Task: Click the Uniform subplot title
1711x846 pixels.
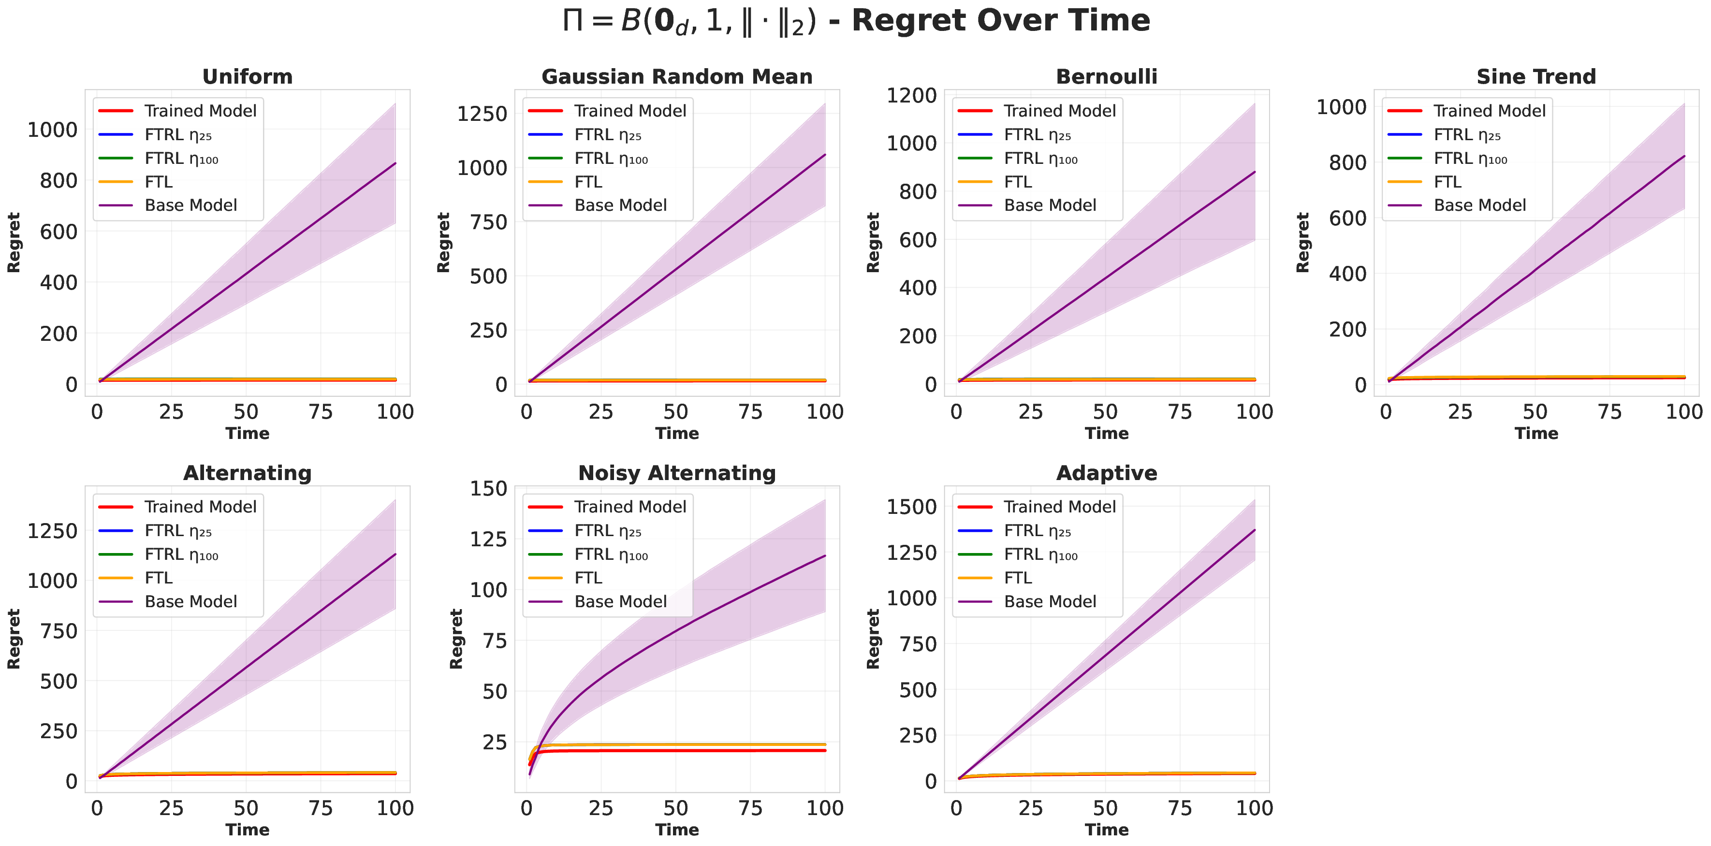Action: [x=247, y=76]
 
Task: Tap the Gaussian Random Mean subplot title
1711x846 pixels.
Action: [x=677, y=76]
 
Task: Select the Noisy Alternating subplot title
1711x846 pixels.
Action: [x=677, y=473]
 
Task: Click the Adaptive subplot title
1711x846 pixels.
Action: [x=1107, y=473]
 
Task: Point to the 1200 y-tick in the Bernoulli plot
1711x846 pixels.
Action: [x=911, y=96]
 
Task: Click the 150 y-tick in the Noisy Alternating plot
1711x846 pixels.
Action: [x=488, y=489]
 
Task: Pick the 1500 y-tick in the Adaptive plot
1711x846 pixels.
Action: [x=911, y=507]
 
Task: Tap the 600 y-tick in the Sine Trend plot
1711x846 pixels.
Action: [x=1347, y=219]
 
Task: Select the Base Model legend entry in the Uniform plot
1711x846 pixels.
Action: [x=190, y=205]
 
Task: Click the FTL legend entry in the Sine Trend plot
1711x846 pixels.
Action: [x=1448, y=182]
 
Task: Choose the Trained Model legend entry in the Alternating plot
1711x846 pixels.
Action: [x=200, y=507]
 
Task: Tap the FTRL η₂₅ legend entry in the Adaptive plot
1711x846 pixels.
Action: [x=1037, y=531]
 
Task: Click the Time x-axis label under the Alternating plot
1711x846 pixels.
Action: [x=247, y=830]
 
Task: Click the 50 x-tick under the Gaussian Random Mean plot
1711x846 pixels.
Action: [x=675, y=412]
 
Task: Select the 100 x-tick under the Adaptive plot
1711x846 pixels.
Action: [x=1254, y=808]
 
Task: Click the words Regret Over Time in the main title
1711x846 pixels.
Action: [x=1000, y=20]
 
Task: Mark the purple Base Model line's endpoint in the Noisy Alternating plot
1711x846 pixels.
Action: [x=825, y=556]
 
